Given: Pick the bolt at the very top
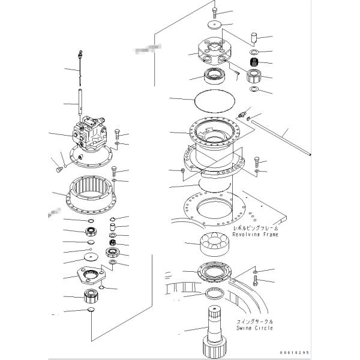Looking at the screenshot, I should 215,12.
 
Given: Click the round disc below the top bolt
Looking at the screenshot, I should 215,25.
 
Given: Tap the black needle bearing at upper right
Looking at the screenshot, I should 254,62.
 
